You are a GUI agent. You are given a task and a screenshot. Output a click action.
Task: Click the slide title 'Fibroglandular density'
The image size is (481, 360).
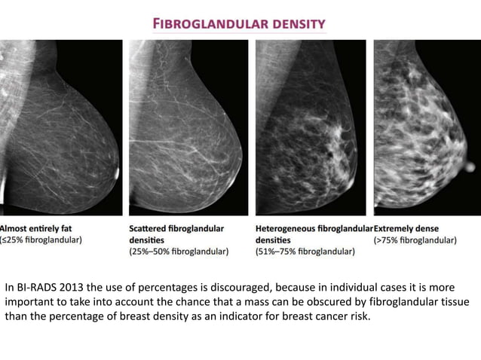point(240,23)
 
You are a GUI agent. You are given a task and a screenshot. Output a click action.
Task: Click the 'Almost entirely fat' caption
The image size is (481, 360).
point(36,227)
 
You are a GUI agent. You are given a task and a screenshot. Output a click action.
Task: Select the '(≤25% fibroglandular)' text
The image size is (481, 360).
point(41,239)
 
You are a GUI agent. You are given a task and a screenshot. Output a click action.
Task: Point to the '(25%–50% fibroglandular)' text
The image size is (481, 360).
point(179,252)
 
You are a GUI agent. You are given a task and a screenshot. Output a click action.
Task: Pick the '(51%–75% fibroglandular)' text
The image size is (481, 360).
point(305,252)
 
